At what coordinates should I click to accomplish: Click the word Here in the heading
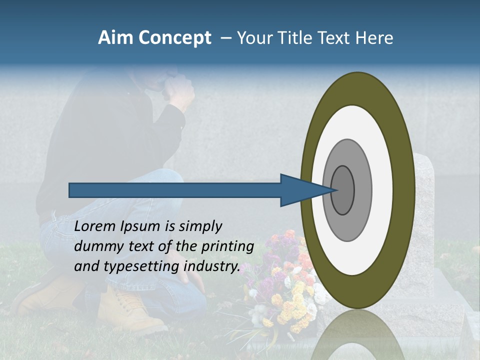[x=374, y=38]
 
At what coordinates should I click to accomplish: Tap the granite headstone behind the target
[x=424, y=210]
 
